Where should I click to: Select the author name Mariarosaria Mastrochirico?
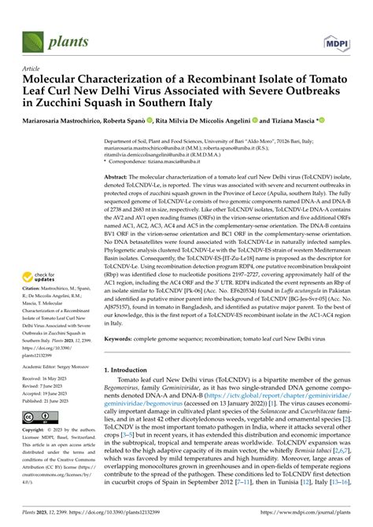click(63, 120)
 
